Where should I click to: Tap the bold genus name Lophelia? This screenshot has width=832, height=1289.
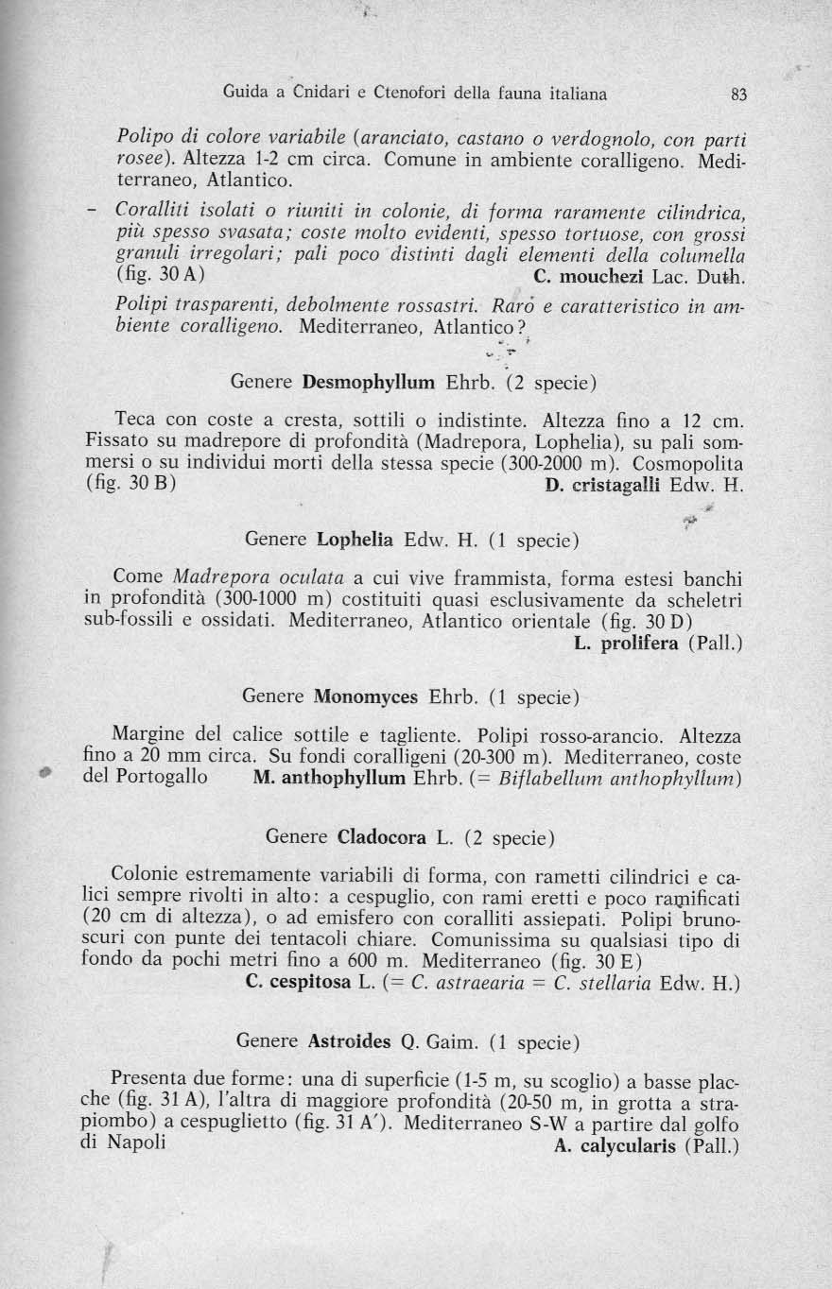click(x=355, y=541)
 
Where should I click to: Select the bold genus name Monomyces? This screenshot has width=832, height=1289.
click(x=367, y=697)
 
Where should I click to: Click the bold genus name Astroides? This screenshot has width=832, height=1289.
click(x=350, y=1042)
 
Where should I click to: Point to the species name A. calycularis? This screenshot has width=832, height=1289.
click(x=607, y=1145)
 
